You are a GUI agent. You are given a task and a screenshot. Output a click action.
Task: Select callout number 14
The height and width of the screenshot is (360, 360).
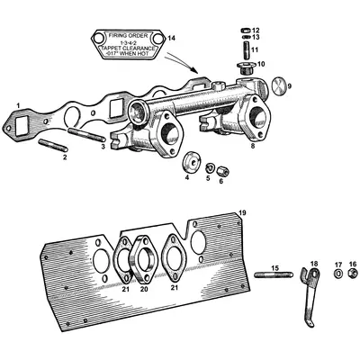tap(172, 37)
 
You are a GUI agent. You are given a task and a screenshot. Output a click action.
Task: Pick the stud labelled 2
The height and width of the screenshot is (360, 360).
tap(53, 145)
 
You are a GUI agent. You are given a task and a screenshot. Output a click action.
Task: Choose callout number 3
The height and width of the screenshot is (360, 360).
tap(103, 146)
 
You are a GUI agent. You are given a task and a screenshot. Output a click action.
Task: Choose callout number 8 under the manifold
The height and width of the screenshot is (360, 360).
tap(253, 145)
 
